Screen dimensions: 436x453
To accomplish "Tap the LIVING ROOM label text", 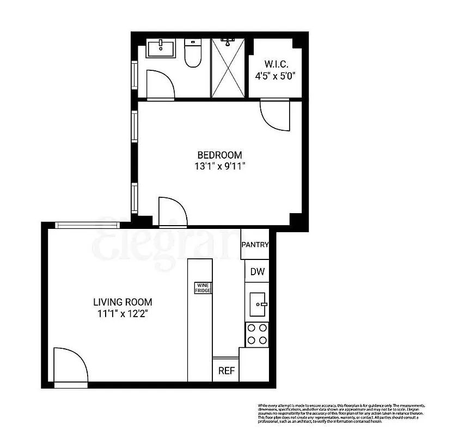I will [123, 302].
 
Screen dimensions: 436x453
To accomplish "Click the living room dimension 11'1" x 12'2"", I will [123, 313].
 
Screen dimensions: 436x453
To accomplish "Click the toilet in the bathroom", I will [192, 53].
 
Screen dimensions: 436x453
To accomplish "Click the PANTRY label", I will [255, 245].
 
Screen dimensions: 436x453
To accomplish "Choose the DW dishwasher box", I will [257, 271].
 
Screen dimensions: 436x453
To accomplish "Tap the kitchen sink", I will [257, 304].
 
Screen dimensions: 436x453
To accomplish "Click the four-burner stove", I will [257, 334].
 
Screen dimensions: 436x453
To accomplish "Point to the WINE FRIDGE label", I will [203, 288].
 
